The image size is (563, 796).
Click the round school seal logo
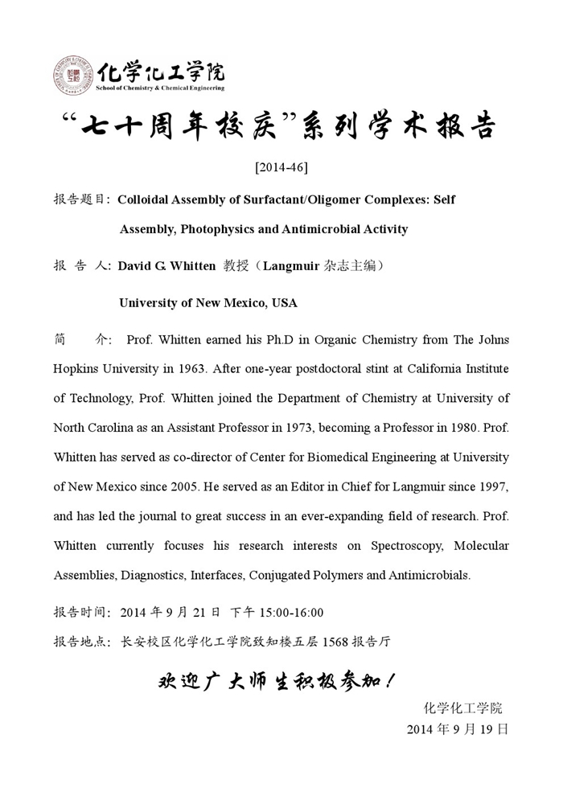[x=74, y=76]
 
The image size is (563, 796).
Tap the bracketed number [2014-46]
[x=281, y=167]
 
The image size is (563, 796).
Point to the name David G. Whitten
[x=166, y=266]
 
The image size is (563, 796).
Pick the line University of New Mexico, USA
[x=208, y=303]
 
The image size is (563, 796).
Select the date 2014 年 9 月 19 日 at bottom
[x=457, y=729]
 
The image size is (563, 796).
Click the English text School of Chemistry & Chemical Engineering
[x=161, y=88]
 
